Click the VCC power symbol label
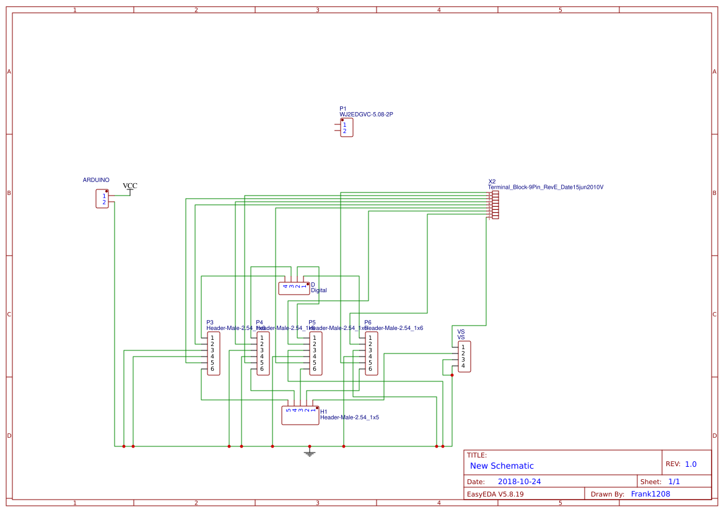(x=130, y=186)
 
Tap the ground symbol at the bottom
(x=310, y=454)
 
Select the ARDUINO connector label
(x=96, y=180)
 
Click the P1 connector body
(x=347, y=128)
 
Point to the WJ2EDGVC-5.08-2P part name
(x=366, y=115)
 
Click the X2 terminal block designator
(x=492, y=181)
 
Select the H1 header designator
(x=323, y=412)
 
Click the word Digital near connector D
(x=319, y=290)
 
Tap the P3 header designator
(x=210, y=323)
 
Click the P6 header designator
(x=368, y=323)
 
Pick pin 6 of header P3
(x=212, y=369)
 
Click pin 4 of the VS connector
(x=463, y=366)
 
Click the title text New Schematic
(x=502, y=466)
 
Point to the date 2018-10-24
(x=520, y=482)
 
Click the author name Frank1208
(x=650, y=494)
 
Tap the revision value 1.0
(x=691, y=464)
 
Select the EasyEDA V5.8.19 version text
(x=495, y=494)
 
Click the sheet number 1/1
(x=674, y=482)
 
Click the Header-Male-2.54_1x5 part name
(x=349, y=418)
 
